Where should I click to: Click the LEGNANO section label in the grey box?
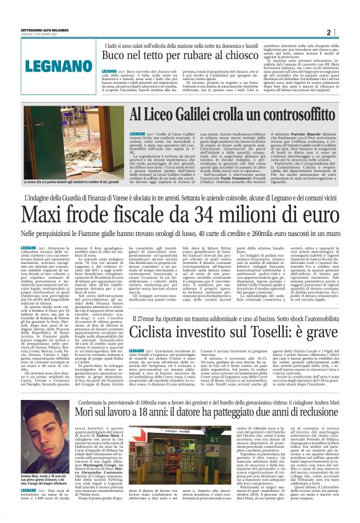(44, 63)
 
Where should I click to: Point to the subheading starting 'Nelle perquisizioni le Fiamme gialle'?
(180, 236)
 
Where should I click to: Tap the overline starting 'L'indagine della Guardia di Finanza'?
(180, 198)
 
